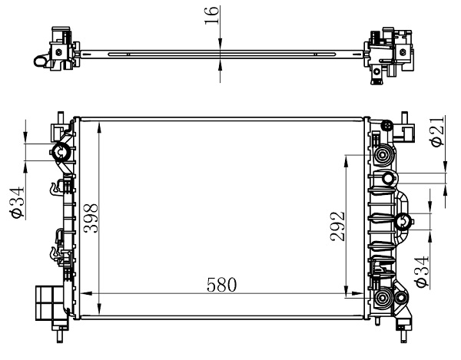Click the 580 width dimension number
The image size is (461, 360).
[x=221, y=285]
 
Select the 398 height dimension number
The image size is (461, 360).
[x=91, y=218]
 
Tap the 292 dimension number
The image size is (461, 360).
[x=337, y=226]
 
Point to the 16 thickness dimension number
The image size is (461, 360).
[x=212, y=15]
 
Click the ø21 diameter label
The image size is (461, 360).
[x=437, y=131]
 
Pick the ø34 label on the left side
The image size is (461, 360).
[x=18, y=202]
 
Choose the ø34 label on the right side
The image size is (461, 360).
[x=422, y=271]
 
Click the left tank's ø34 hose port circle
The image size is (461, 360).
[x=61, y=152]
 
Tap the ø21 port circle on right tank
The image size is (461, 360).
[x=388, y=179]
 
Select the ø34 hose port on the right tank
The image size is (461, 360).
[x=403, y=222]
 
